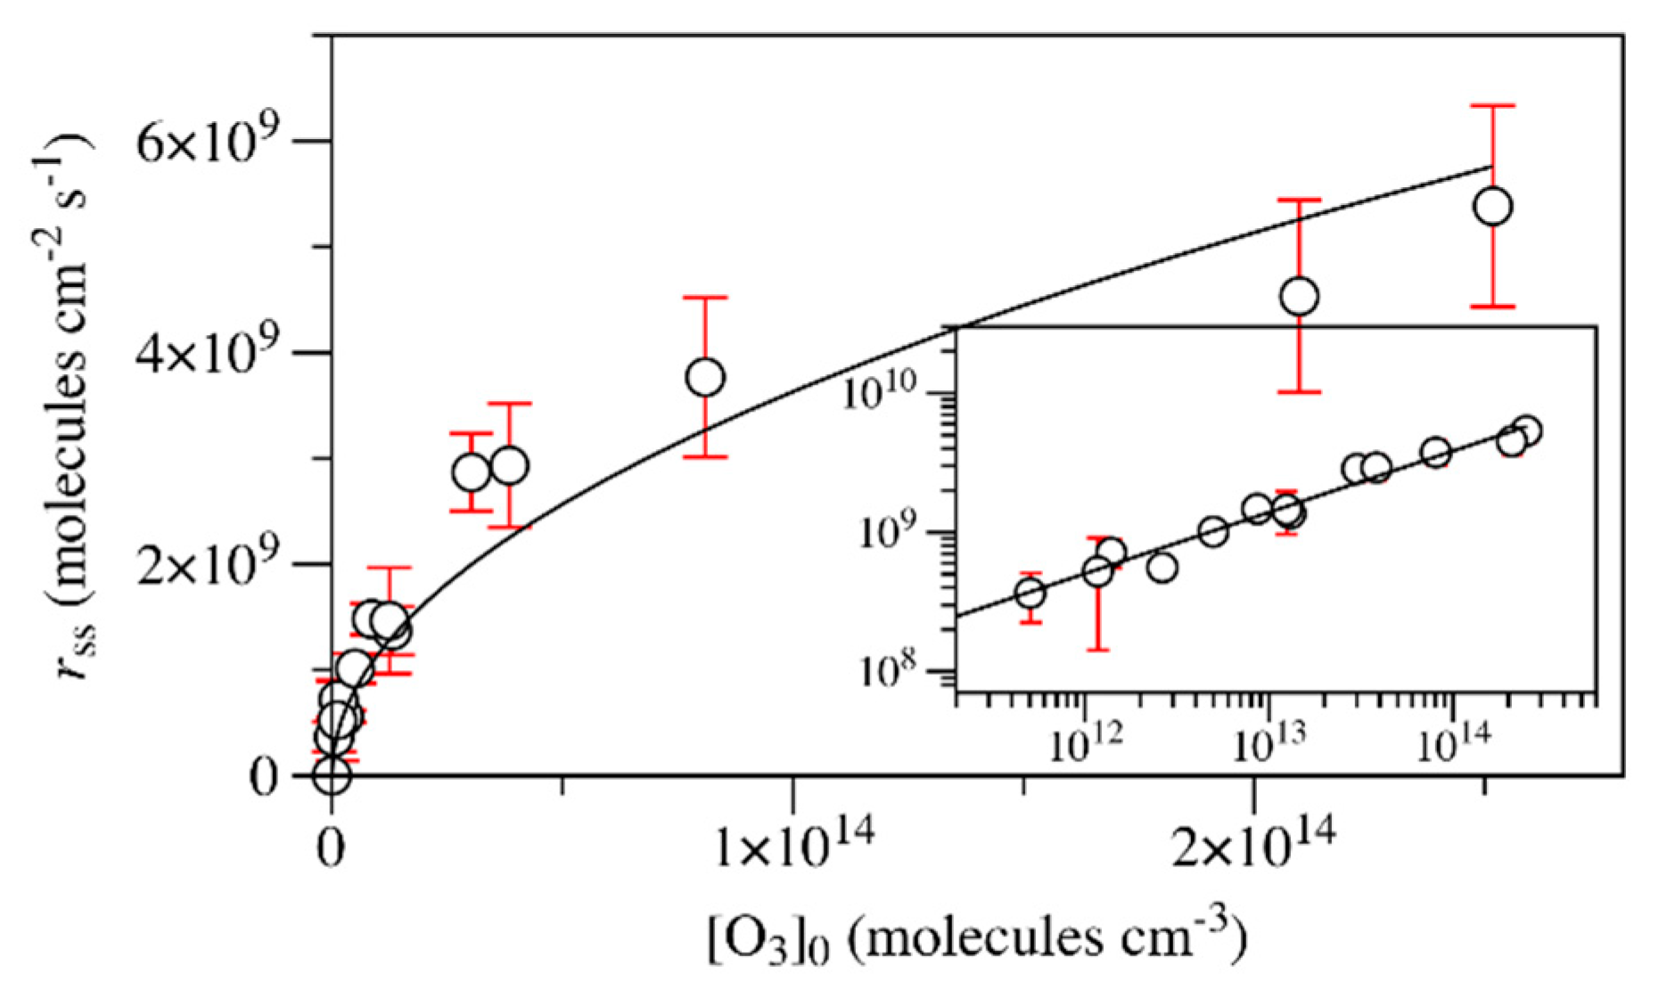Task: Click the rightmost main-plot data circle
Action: click(1493, 207)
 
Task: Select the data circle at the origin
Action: click(332, 775)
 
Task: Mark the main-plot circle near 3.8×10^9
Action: click(705, 377)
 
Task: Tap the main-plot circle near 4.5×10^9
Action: click(1299, 296)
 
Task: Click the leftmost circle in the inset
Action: click(1030, 593)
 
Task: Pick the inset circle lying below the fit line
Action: click(1162, 568)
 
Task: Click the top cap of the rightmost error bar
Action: click(1493, 106)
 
